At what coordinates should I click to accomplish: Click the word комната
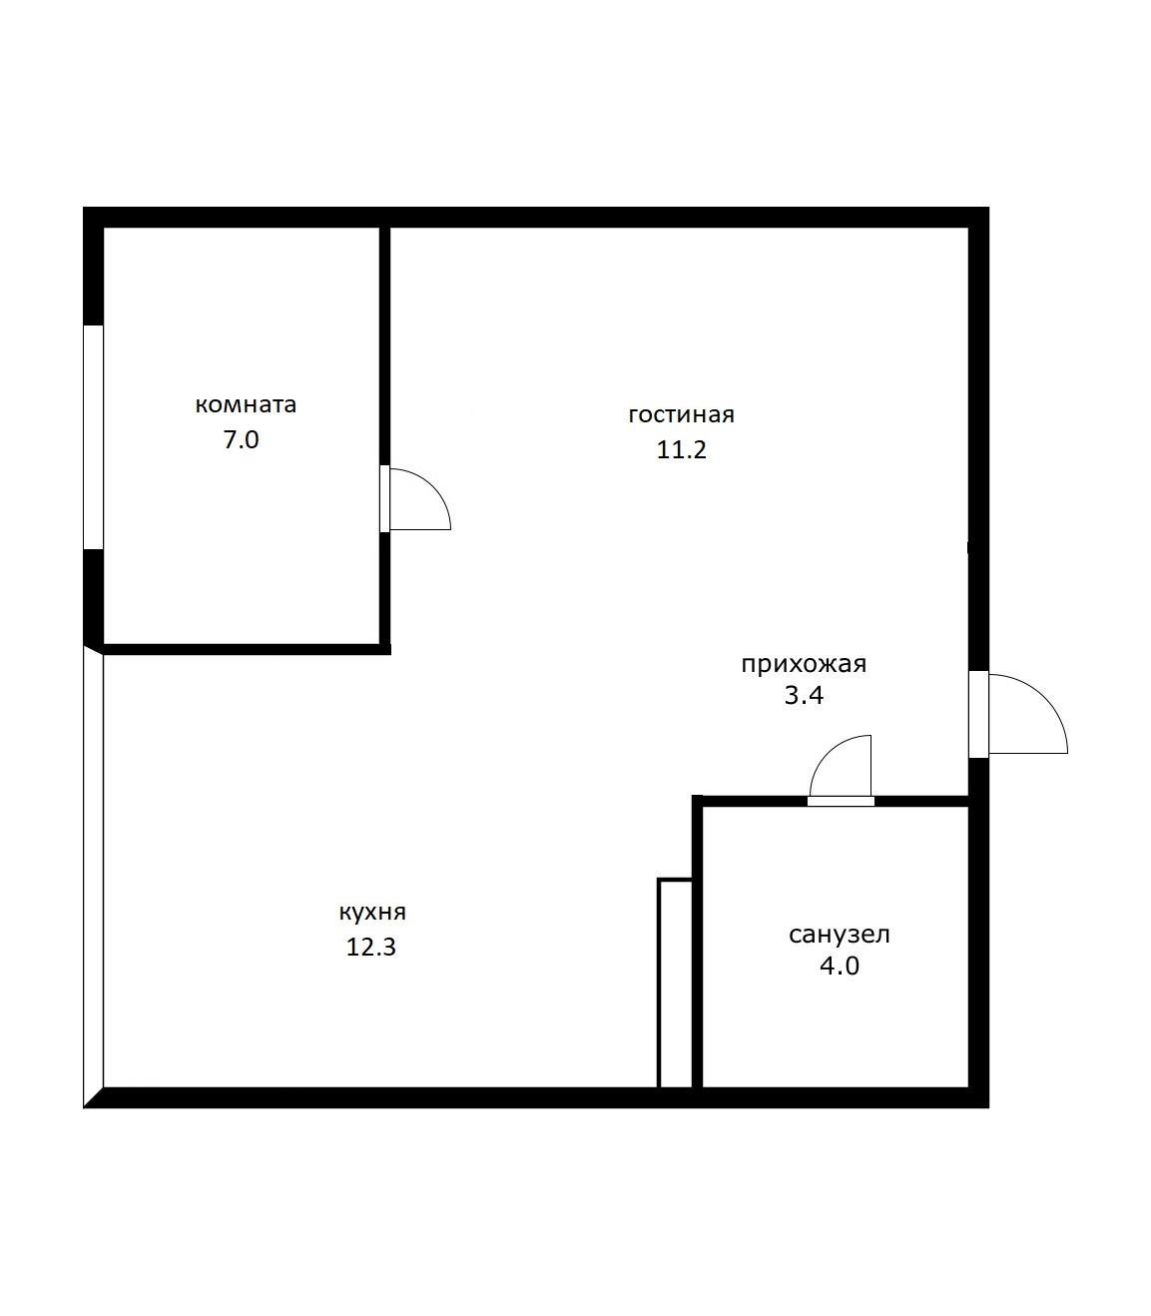[246, 405]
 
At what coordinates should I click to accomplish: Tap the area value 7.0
[242, 440]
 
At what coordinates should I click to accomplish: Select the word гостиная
[682, 414]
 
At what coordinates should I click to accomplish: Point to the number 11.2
[682, 449]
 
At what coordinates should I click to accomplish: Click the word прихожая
[804, 664]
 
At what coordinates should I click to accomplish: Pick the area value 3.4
[804, 696]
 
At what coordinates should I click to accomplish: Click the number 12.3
[371, 948]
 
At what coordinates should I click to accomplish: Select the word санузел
[840, 935]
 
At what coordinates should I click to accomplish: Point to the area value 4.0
[840, 967]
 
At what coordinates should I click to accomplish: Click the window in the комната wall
[93, 437]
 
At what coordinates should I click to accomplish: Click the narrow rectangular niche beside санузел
[675, 984]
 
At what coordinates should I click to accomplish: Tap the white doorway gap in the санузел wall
[842, 802]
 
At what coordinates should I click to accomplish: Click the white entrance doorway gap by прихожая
[978, 715]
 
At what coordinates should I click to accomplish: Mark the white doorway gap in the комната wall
[384, 499]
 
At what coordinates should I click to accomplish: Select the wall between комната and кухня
[247, 650]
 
